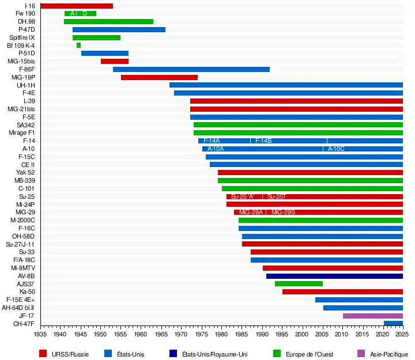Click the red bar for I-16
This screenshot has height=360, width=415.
(x=77, y=6)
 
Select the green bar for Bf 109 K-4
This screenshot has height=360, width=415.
(x=78, y=45)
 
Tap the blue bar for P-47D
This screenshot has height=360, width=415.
(x=119, y=29)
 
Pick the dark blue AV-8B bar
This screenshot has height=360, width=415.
(x=334, y=276)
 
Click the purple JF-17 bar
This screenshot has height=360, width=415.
(x=372, y=316)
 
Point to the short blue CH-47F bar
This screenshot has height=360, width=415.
(x=393, y=324)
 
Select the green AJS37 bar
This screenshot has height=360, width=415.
(x=299, y=284)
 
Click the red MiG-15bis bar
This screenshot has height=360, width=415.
(x=114, y=61)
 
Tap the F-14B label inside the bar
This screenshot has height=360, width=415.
(x=263, y=141)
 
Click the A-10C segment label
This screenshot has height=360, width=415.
(x=336, y=149)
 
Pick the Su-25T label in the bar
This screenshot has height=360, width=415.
(x=276, y=196)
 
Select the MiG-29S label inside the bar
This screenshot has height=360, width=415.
(x=283, y=213)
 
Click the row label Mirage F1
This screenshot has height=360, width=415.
(x=22, y=132)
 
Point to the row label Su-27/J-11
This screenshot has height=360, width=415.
(x=20, y=244)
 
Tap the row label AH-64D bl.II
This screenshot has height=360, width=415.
(x=18, y=308)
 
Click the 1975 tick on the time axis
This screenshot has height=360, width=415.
(x=202, y=334)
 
